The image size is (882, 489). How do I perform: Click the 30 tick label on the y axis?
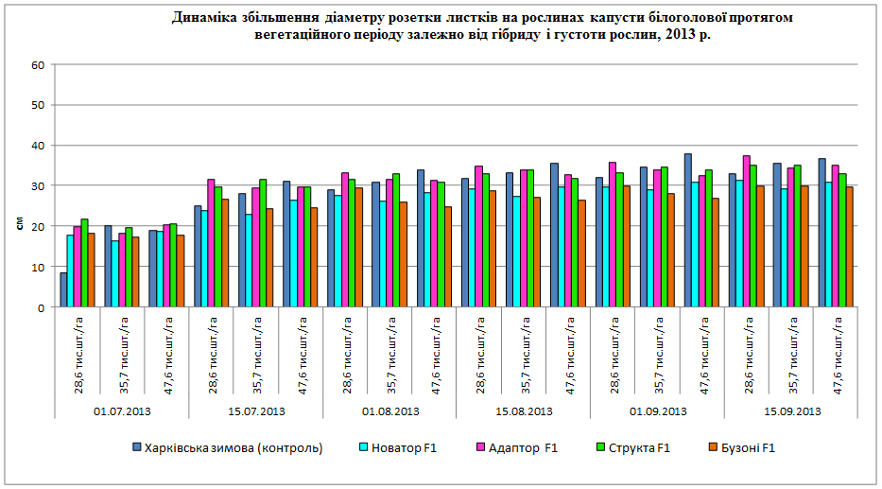[39, 186]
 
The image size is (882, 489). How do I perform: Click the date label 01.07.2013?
[122, 412]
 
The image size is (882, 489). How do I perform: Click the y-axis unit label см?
[20, 224]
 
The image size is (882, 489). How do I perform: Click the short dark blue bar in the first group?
[63, 290]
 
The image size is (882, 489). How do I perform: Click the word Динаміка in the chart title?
[203, 18]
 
